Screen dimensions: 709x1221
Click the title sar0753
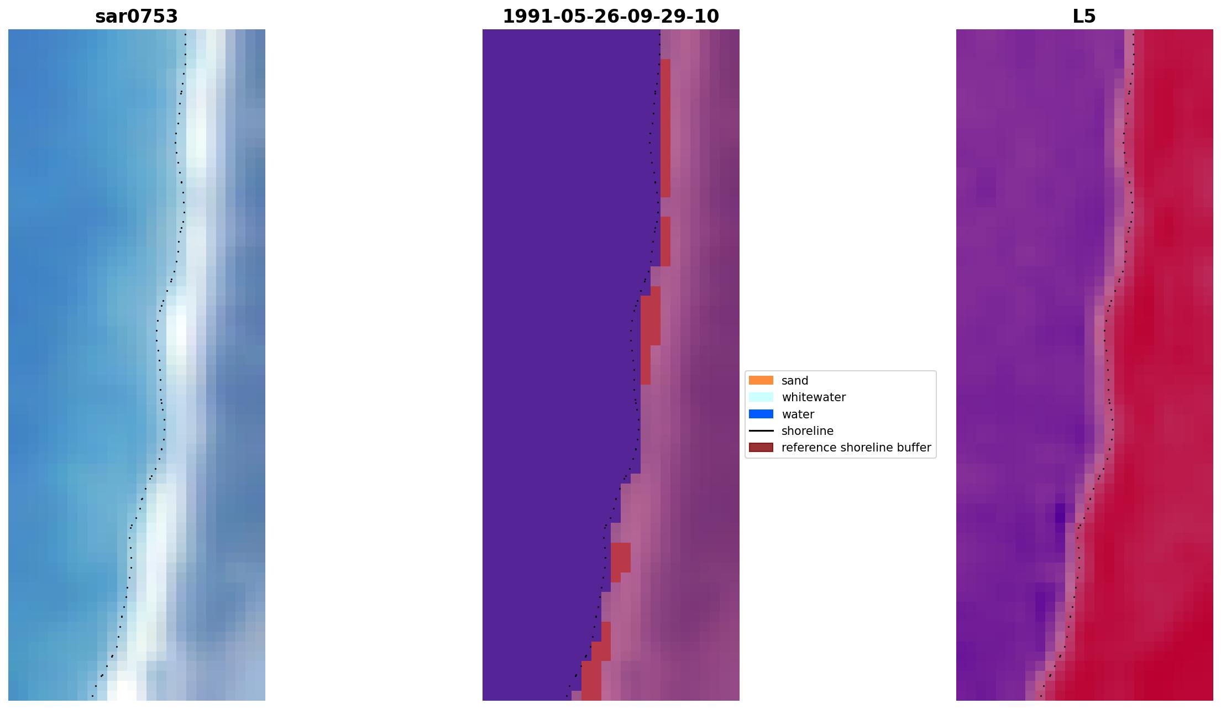(137, 17)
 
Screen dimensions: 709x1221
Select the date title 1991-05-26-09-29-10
(610, 17)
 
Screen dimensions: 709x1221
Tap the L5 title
(1083, 17)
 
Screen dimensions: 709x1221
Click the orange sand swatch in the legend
(761, 380)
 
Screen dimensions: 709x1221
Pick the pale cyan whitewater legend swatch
(761, 397)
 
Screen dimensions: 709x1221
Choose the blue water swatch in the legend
(761, 414)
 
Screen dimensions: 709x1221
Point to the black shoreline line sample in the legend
(761, 430)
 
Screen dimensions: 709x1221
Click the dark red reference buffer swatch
(761, 447)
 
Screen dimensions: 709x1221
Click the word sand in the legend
(794, 381)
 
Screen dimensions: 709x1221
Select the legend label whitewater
(813, 397)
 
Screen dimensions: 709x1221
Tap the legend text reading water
(798, 414)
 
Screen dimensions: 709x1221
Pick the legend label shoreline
(807, 431)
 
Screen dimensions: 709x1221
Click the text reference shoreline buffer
(856, 448)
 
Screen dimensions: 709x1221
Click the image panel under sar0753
(137, 365)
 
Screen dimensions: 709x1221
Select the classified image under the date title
(610, 365)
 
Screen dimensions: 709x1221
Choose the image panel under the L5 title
(1084, 365)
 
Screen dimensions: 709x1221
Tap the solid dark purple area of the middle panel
(553, 332)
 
